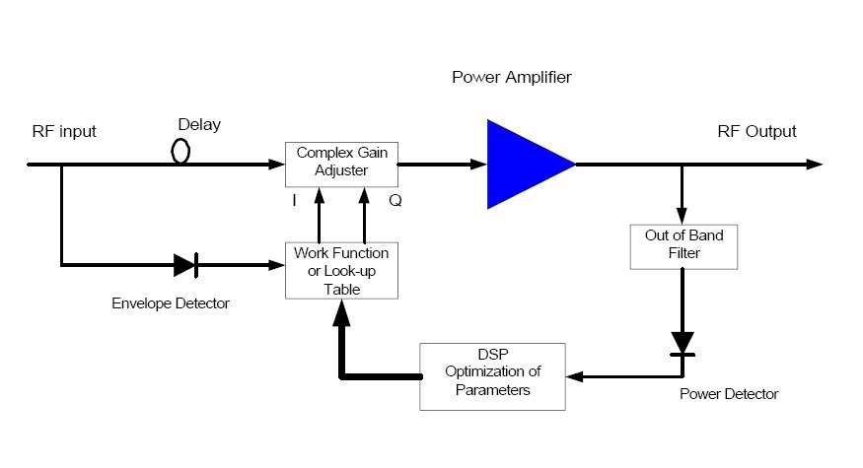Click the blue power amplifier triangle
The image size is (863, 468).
click(x=523, y=165)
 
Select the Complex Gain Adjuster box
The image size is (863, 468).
click(x=340, y=164)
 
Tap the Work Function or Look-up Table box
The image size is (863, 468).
click(x=340, y=270)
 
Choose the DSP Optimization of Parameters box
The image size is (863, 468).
click(x=492, y=376)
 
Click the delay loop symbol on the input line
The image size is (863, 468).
click(x=180, y=152)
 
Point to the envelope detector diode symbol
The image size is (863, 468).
click(x=185, y=264)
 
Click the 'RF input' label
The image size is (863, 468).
click(x=64, y=132)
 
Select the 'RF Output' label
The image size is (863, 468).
click(x=756, y=132)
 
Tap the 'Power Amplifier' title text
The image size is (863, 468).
click(x=511, y=77)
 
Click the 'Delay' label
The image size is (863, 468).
click(x=199, y=125)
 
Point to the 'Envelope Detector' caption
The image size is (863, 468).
click(x=171, y=303)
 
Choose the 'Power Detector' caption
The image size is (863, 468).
click(x=729, y=394)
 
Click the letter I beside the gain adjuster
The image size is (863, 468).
click(x=294, y=201)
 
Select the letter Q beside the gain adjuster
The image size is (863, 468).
click(x=395, y=201)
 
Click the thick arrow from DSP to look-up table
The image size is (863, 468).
click(x=342, y=340)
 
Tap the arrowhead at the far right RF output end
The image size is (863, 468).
click(x=813, y=165)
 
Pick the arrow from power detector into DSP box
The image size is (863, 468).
click(x=621, y=376)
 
